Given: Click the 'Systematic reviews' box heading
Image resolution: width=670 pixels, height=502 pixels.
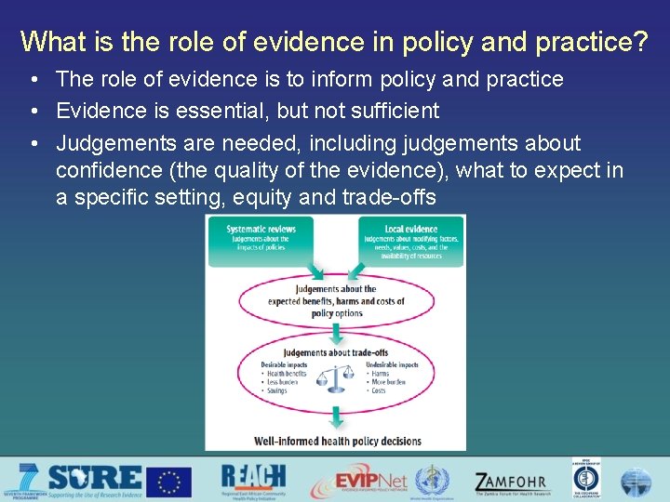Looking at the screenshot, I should [x=262, y=229].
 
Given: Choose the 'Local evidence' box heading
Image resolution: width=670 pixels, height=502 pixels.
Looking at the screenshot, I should [x=410, y=229].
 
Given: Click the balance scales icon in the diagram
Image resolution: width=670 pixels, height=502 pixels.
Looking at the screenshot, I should [x=335, y=376].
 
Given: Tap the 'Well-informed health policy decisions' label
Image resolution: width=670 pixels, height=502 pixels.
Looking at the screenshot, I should [x=336, y=441].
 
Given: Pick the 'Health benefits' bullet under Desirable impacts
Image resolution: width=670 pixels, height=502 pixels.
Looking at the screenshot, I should [x=286, y=374].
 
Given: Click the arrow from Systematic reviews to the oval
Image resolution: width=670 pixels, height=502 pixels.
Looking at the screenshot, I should [x=315, y=270].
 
